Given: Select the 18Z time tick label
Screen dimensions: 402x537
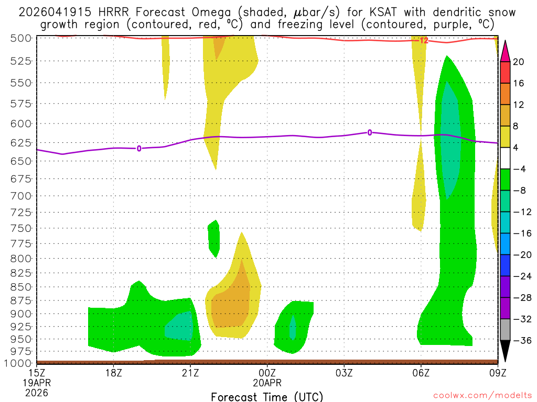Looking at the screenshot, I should [x=114, y=373].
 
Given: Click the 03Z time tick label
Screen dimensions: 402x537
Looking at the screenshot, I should [x=344, y=373].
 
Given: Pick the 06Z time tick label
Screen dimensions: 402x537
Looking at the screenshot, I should [x=421, y=373].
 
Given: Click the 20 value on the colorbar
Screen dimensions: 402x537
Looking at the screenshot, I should [x=519, y=62].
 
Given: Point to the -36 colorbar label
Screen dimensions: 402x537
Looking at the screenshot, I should [x=521, y=341].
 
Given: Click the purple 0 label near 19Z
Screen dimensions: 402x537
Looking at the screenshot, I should [x=139, y=149].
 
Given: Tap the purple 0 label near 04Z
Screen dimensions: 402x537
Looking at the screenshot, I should [x=370, y=133].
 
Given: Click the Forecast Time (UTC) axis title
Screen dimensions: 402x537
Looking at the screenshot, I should [x=267, y=396].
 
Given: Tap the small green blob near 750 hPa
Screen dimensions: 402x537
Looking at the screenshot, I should [x=213, y=238].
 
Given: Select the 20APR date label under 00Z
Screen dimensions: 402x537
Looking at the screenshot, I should [x=267, y=383].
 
